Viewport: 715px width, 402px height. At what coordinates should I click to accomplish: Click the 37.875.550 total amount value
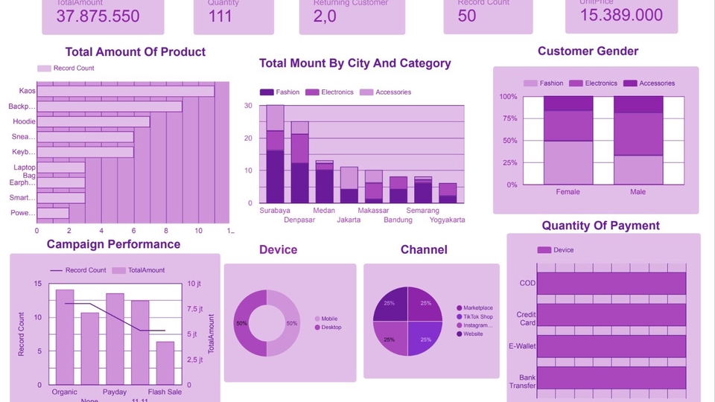(x=98, y=16)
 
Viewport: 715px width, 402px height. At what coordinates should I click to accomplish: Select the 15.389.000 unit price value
(x=621, y=15)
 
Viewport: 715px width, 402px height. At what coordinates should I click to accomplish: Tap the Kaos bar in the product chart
(x=125, y=91)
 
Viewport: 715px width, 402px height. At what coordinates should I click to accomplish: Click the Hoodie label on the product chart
(x=24, y=121)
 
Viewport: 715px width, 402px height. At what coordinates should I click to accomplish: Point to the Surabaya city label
(x=275, y=211)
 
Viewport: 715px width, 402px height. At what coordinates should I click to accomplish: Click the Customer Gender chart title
(x=588, y=51)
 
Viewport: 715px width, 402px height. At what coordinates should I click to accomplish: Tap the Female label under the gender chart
(x=568, y=192)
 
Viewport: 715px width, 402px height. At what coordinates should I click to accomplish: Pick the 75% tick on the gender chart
(x=509, y=118)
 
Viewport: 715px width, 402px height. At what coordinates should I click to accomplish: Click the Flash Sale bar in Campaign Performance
(x=165, y=363)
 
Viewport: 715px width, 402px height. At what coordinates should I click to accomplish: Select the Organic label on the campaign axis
(x=65, y=392)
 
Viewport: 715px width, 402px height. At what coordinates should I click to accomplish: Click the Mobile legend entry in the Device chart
(x=329, y=319)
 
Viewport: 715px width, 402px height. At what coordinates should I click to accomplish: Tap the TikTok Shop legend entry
(x=477, y=316)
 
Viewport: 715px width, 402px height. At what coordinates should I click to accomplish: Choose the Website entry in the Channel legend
(x=473, y=334)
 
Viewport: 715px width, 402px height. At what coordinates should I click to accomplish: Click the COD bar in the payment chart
(x=611, y=283)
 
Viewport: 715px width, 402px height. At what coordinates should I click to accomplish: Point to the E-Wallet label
(x=523, y=346)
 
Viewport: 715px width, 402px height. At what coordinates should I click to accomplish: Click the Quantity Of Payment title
(x=600, y=226)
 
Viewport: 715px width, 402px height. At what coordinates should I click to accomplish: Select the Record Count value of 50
(x=467, y=16)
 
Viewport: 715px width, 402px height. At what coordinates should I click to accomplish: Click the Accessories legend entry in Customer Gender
(x=656, y=83)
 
